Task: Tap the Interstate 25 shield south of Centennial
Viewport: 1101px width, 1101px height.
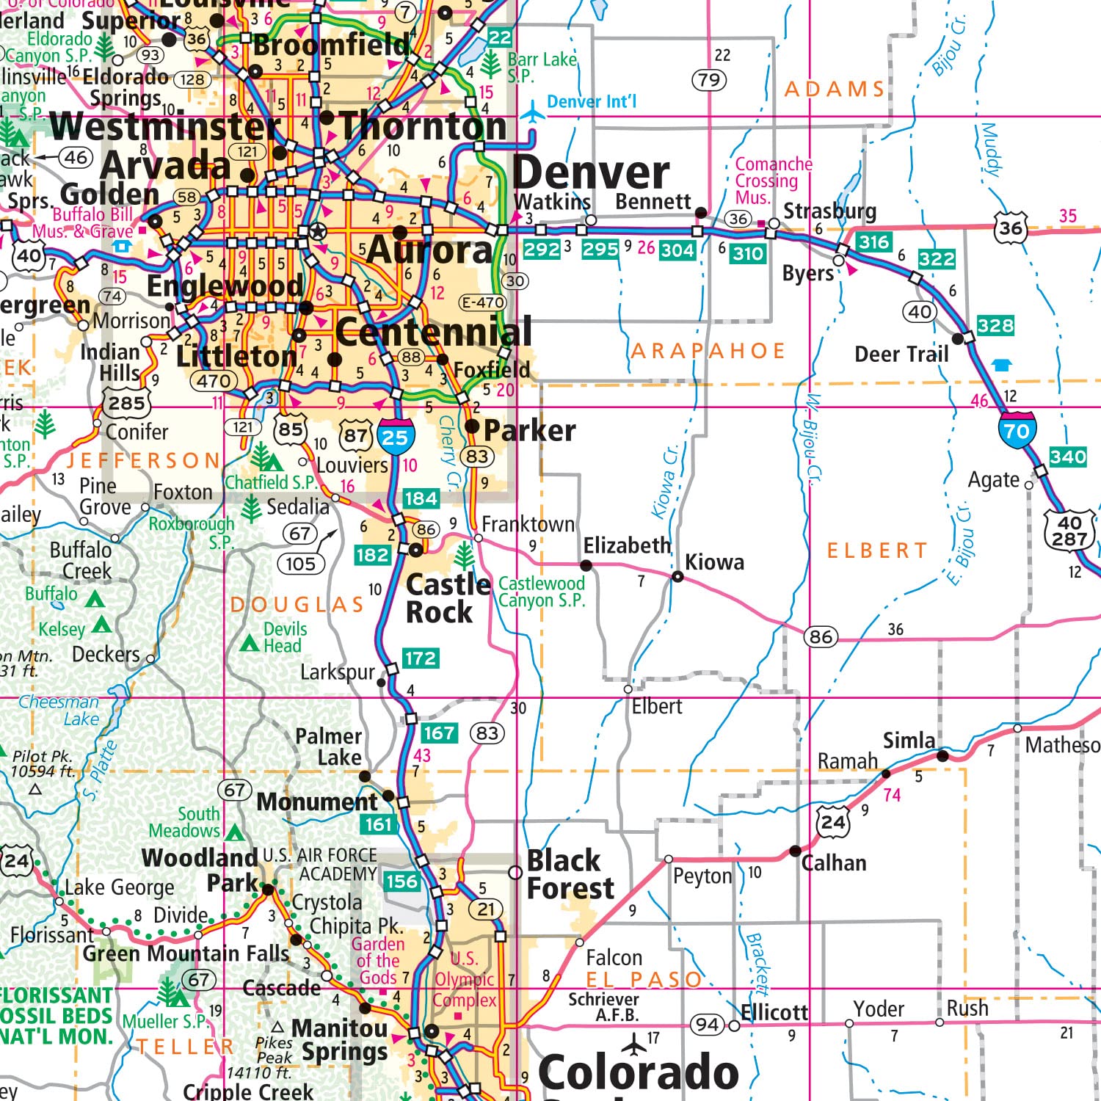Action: pyautogui.click(x=396, y=437)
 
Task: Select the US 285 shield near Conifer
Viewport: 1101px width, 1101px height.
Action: pyautogui.click(x=127, y=402)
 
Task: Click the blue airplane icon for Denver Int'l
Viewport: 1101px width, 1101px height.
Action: pyautogui.click(x=532, y=113)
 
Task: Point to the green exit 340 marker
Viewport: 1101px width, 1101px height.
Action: pyautogui.click(x=1067, y=457)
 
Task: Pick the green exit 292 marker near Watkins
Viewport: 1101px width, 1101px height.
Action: pyautogui.click(x=542, y=250)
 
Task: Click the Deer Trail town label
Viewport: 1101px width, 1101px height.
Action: pyautogui.click(x=901, y=355)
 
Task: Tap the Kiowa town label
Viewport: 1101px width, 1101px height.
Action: pyautogui.click(x=714, y=562)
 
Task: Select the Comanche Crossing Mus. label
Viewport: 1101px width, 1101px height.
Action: pyautogui.click(x=773, y=181)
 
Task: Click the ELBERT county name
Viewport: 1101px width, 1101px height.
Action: pyautogui.click(x=877, y=550)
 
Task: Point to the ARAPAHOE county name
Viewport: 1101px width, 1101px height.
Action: pyautogui.click(x=708, y=351)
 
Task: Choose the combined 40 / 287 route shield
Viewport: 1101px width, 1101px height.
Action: pyautogui.click(x=1069, y=530)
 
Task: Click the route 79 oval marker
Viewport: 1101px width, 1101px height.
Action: pyautogui.click(x=709, y=79)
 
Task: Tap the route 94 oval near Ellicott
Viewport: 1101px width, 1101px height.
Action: pyautogui.click(x=707, y=1024)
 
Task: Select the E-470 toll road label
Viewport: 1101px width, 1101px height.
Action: pyautogui.click(x=482, y=302)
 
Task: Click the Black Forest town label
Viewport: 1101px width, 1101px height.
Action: pyautogui.click(x=570, y=874)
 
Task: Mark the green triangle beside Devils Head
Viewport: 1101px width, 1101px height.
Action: pyautogui.click(x=250, y=644)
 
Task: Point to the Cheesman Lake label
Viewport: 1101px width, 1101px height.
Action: pyautogui.click(x=59, y=710)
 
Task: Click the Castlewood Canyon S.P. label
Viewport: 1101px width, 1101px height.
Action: pyautogui.click(x=542, y=592)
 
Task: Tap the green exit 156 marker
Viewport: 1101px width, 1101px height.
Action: pyautogui.click(x=401, y=882)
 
